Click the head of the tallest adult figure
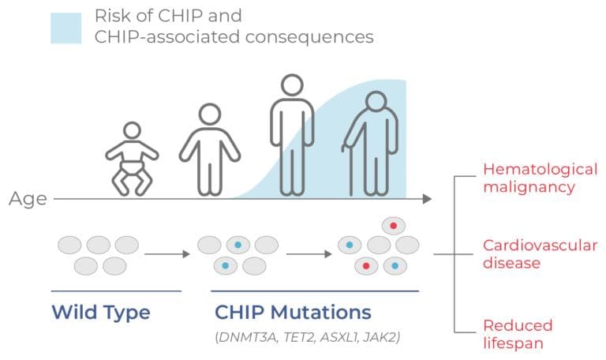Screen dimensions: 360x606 291,88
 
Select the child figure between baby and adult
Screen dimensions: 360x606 209,150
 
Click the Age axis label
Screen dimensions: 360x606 28,199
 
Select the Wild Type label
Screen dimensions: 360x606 100,312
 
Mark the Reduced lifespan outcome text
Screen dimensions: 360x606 518,334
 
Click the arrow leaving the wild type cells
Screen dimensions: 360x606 166,254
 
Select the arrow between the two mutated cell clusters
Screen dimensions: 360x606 309,254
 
